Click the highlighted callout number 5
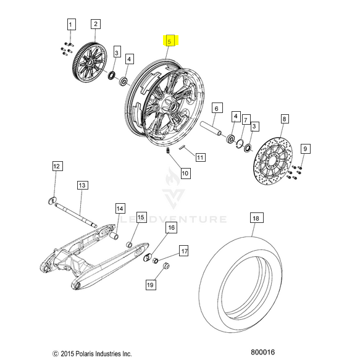[169, 41]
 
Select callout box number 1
[71, 24]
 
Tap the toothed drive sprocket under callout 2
[90, 62]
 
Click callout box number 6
[217, 108]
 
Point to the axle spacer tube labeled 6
[211, 128]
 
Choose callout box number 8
[285, 119]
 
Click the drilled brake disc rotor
[273, 161]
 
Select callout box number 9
[306, 149]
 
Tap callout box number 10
[185, 173]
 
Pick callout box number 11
[200, 157]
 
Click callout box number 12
[57, 166]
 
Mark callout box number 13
[82, 185]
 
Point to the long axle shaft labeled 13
[76, 215]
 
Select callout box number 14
[120, 209]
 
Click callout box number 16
[172, 227]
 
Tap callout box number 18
[256, 218]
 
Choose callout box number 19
[151, 285]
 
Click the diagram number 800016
[262, 352]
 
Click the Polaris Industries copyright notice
[92, 354]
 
